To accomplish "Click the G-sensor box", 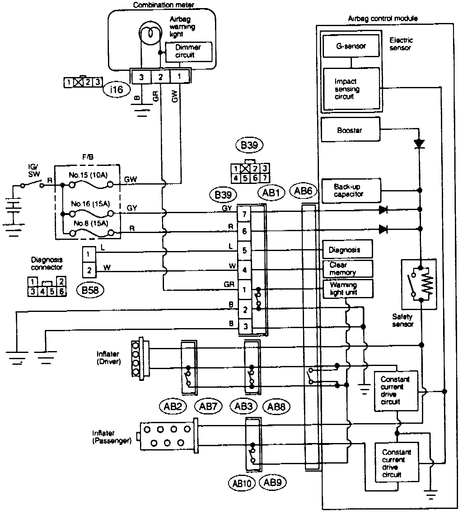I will [351, 46].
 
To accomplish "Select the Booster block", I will [350, 130].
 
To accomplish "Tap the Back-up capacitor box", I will [351, 190].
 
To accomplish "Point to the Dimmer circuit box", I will [188, 51].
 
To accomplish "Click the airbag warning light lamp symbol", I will [150, 33].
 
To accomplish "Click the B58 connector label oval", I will [90, 290].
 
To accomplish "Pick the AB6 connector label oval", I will [303, 191].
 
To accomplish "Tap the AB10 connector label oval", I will [241, 483].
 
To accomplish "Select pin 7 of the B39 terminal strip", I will [244, 214].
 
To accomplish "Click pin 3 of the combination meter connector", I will [141, 77].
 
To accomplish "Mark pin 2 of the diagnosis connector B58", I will [89, 270].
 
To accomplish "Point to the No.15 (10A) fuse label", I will [88, 175].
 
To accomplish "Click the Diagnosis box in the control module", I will [347, 249].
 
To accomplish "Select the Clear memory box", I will [347, 269].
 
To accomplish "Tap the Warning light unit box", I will [347, 289].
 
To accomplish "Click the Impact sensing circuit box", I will [351, 89].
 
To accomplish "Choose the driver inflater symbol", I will [140, 358].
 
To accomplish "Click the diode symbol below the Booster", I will [419, 144].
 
